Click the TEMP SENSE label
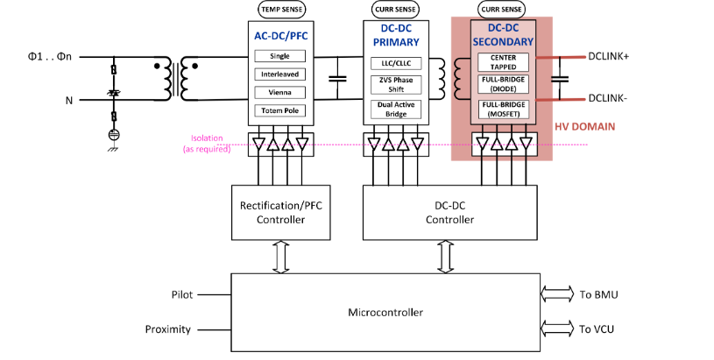coord(281,9)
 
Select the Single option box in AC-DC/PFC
coord(279,56)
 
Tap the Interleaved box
coord(279,74)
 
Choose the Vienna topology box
coord(279,92)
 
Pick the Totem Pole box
coord(279,110)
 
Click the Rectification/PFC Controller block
coord(279,212)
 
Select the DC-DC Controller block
coord(449,212)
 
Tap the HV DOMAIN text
coord(585,127)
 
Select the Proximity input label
coord(167,329)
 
